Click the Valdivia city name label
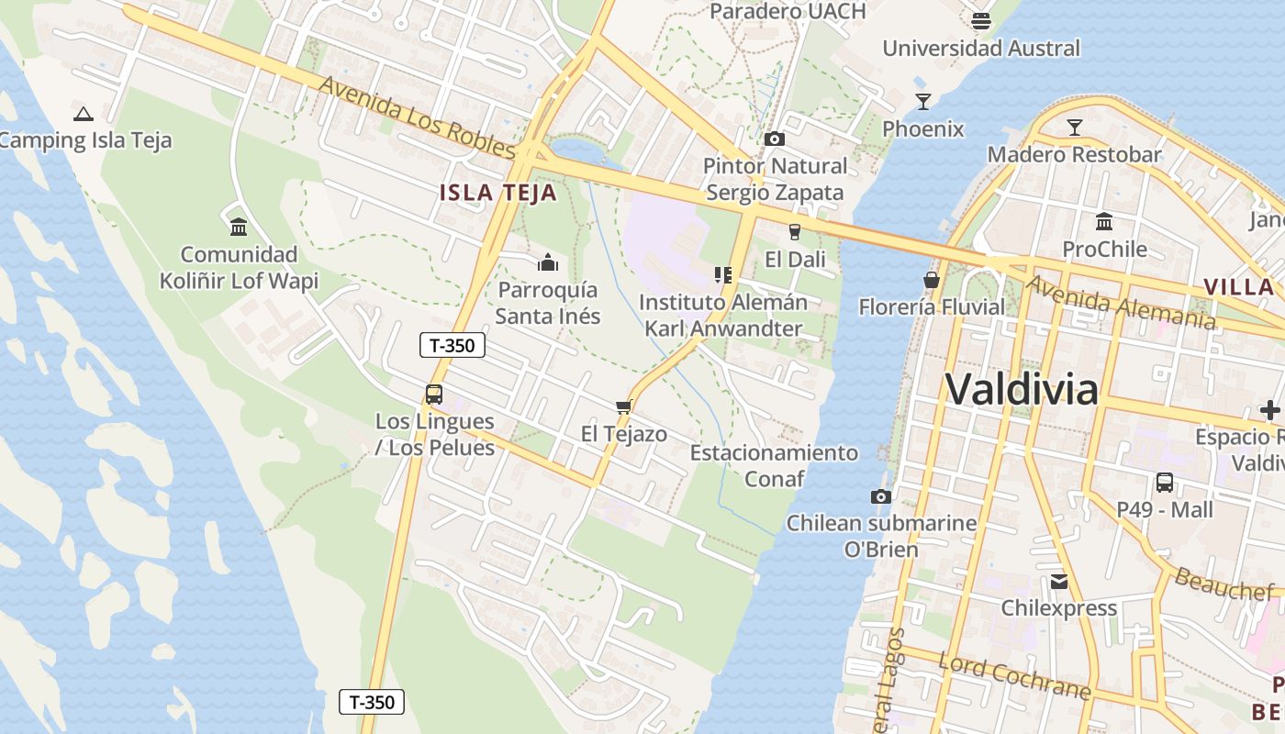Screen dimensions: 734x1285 [x=1021, y=389]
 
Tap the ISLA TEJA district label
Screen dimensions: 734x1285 [x=497, y=193]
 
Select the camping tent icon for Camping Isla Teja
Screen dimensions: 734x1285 [x=84, y=115]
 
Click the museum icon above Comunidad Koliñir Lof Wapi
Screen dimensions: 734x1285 [x=239, y=226]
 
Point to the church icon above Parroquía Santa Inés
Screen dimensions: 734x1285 [x=548, y=263]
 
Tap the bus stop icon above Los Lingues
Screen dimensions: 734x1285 [x=434, y=395]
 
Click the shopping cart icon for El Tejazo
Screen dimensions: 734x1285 [x=624, y=406]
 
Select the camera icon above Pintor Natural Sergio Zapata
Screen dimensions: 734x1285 [x=775, y=139]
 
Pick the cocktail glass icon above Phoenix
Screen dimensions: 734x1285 [x=922, y=101]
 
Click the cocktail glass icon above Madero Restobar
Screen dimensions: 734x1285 [x=1074, y=127]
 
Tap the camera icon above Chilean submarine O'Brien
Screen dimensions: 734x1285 [x=881, y=496]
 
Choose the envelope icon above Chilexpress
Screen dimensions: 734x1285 [x=1059, y=581]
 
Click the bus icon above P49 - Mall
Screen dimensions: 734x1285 [x=1165, y=482]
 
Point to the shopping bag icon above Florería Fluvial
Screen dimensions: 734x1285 [x=932, y=280]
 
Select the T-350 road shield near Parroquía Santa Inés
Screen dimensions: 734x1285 [x=452, y=345]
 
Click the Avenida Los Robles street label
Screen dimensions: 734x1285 [x=418, y=117]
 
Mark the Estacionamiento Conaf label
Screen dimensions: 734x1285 [x=774, y=465]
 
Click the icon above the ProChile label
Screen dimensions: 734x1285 [x=1104, y=221]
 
